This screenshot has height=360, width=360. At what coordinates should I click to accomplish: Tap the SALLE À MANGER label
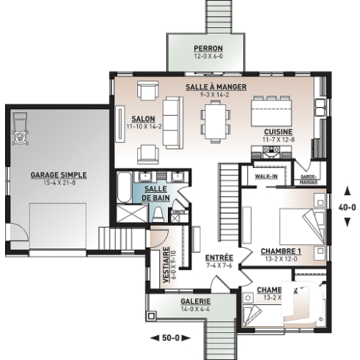tap(215, 87)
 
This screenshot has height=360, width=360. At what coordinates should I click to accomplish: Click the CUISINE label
tap(279, 131)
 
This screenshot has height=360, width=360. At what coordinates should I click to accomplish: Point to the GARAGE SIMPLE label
tap(59, 175)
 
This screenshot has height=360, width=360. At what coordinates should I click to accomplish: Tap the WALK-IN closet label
tap(265, 177)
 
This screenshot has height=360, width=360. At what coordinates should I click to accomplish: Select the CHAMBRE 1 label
tap(282, 251)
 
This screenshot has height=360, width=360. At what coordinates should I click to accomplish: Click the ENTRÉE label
tap(219, 257)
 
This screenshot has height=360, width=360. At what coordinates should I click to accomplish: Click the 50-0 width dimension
tap(169, 338)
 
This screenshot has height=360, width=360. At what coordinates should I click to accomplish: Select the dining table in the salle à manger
tap(216, 120)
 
